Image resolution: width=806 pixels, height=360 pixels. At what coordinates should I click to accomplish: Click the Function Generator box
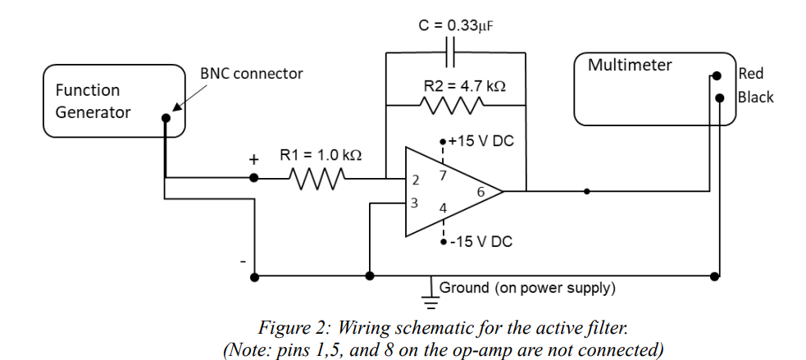(113, 101)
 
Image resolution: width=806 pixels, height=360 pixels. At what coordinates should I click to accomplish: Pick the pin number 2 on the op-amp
(416, 180)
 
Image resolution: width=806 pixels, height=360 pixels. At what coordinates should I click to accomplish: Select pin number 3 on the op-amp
(415, 203)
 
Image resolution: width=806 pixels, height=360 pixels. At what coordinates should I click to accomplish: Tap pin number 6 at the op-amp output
(480, 192)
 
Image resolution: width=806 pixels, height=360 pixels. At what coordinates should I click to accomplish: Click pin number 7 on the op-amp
(443, 175)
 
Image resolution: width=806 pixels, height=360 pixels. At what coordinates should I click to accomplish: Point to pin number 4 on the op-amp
(443, 208)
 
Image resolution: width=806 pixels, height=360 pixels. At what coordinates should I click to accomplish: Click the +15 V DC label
(480, 141)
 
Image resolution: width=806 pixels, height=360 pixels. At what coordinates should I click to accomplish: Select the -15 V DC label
(482, 242)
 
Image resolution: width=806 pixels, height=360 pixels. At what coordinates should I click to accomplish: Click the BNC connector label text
(251, 74)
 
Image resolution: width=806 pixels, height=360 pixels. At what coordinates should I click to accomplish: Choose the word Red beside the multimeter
(751, 74)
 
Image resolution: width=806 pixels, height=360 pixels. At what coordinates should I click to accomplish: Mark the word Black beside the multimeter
(755, 98)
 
